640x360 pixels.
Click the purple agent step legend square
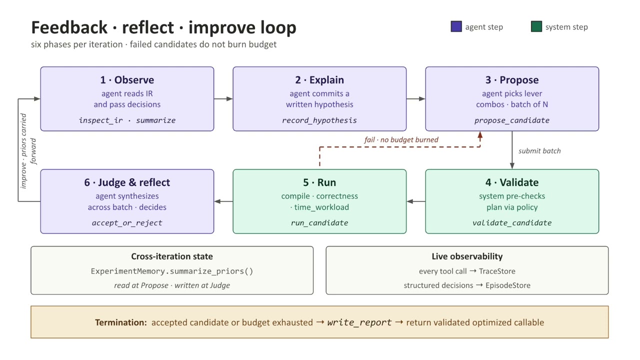(456, 26)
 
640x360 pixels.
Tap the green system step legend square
(536, 26)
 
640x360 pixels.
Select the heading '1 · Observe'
(127, 80)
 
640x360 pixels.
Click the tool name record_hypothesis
(319, 120)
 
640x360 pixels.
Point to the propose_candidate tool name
(512, 120)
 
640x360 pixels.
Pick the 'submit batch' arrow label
(539, 151)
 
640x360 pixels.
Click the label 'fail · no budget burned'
(401, 139)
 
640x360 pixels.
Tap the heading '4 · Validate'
(512, 182)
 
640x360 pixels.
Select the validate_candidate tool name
(512, 223)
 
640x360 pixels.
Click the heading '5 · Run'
(319, 182)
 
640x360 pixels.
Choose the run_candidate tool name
(319, 223)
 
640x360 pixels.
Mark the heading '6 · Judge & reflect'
(127, 182)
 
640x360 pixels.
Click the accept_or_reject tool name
(127, 223)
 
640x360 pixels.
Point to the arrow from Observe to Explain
(223, 99)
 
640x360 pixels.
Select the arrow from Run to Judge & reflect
(223, 201)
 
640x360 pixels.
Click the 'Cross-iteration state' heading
(172, 256)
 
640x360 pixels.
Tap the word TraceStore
(497, 271)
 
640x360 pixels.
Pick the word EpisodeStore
(508, 285)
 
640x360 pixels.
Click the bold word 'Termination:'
(121, 322)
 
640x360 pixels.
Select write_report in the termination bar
(359, 322)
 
